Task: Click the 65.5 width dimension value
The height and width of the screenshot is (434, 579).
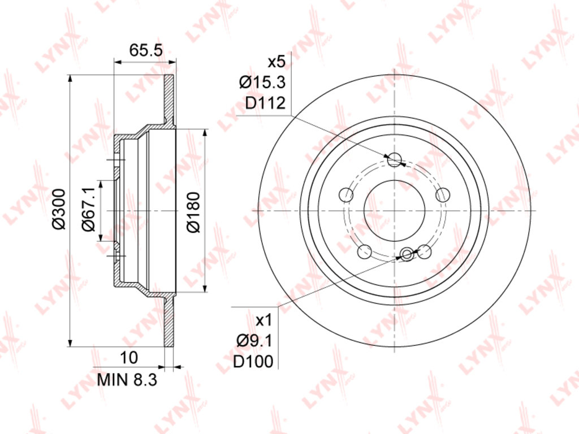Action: point(146,50)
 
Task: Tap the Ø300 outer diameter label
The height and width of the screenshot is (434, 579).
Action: point(59,209)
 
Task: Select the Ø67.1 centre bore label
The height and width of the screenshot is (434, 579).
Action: point(89,209)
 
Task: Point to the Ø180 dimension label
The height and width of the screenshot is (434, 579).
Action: point(193,212)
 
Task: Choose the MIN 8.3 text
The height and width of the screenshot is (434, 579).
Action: point(127,380)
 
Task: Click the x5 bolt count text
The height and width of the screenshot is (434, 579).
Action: point(276,62)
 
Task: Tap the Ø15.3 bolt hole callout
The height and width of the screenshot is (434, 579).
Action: point(262,83)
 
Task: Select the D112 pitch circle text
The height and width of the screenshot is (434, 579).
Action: point(266,103)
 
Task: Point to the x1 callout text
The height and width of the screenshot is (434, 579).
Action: point(263,320)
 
